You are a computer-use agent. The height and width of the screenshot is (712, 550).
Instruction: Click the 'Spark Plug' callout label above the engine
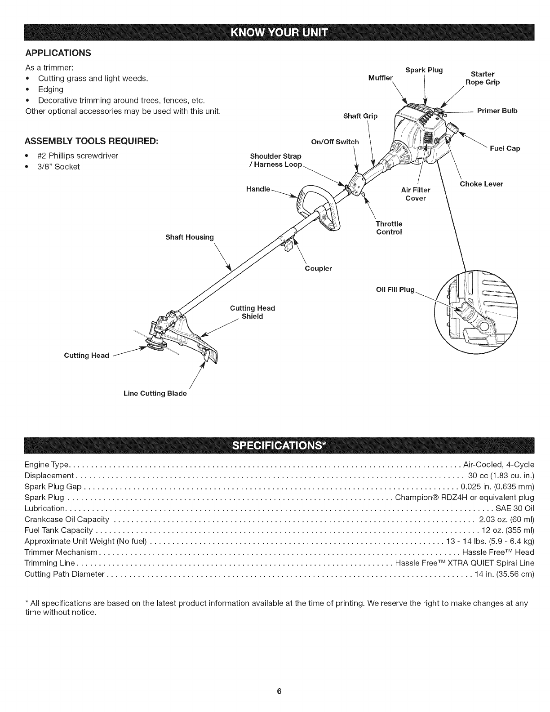(x=424, y=70)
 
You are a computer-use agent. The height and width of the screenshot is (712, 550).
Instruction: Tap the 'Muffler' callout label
(x=380, y=78)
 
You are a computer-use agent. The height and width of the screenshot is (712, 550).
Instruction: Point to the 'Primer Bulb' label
(x=497, y=111)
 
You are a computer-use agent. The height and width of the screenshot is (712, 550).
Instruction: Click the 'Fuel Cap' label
(x=505, y=148)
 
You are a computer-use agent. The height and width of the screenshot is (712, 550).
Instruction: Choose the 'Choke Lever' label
(x=481, y=184)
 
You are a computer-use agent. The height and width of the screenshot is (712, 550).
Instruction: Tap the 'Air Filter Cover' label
(x=415, y=194)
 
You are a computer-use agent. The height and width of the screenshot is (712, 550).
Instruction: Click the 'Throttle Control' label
(x=389, y=228)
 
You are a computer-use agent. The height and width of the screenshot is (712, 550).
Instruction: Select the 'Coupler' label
(x=318, y=268)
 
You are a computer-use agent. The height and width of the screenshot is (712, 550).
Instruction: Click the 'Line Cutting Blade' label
(x=155, y=393)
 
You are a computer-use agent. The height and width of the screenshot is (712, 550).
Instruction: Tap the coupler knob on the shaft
(x=288, y=246)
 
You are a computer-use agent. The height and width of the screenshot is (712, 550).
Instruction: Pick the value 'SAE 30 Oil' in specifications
(x=515, y=508)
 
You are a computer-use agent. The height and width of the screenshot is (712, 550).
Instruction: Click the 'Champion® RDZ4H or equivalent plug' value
(x=464, y=497)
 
